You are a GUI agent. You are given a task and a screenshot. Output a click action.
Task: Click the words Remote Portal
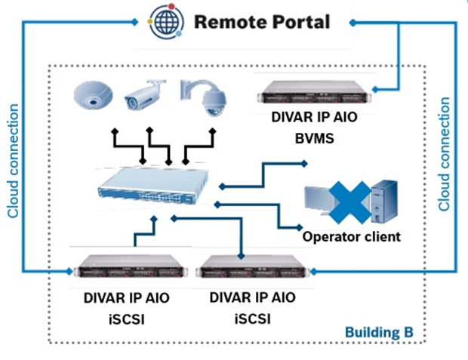pyautogui.click(x=262, y=20)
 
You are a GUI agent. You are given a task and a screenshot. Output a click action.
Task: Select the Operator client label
pyautogui.click(x=351, y=236)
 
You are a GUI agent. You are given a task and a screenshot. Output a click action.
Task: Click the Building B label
pyautogui.click(x=378, y=331)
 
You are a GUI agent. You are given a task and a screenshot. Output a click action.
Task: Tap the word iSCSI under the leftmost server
pyautogui.click(x=126, y=318)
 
